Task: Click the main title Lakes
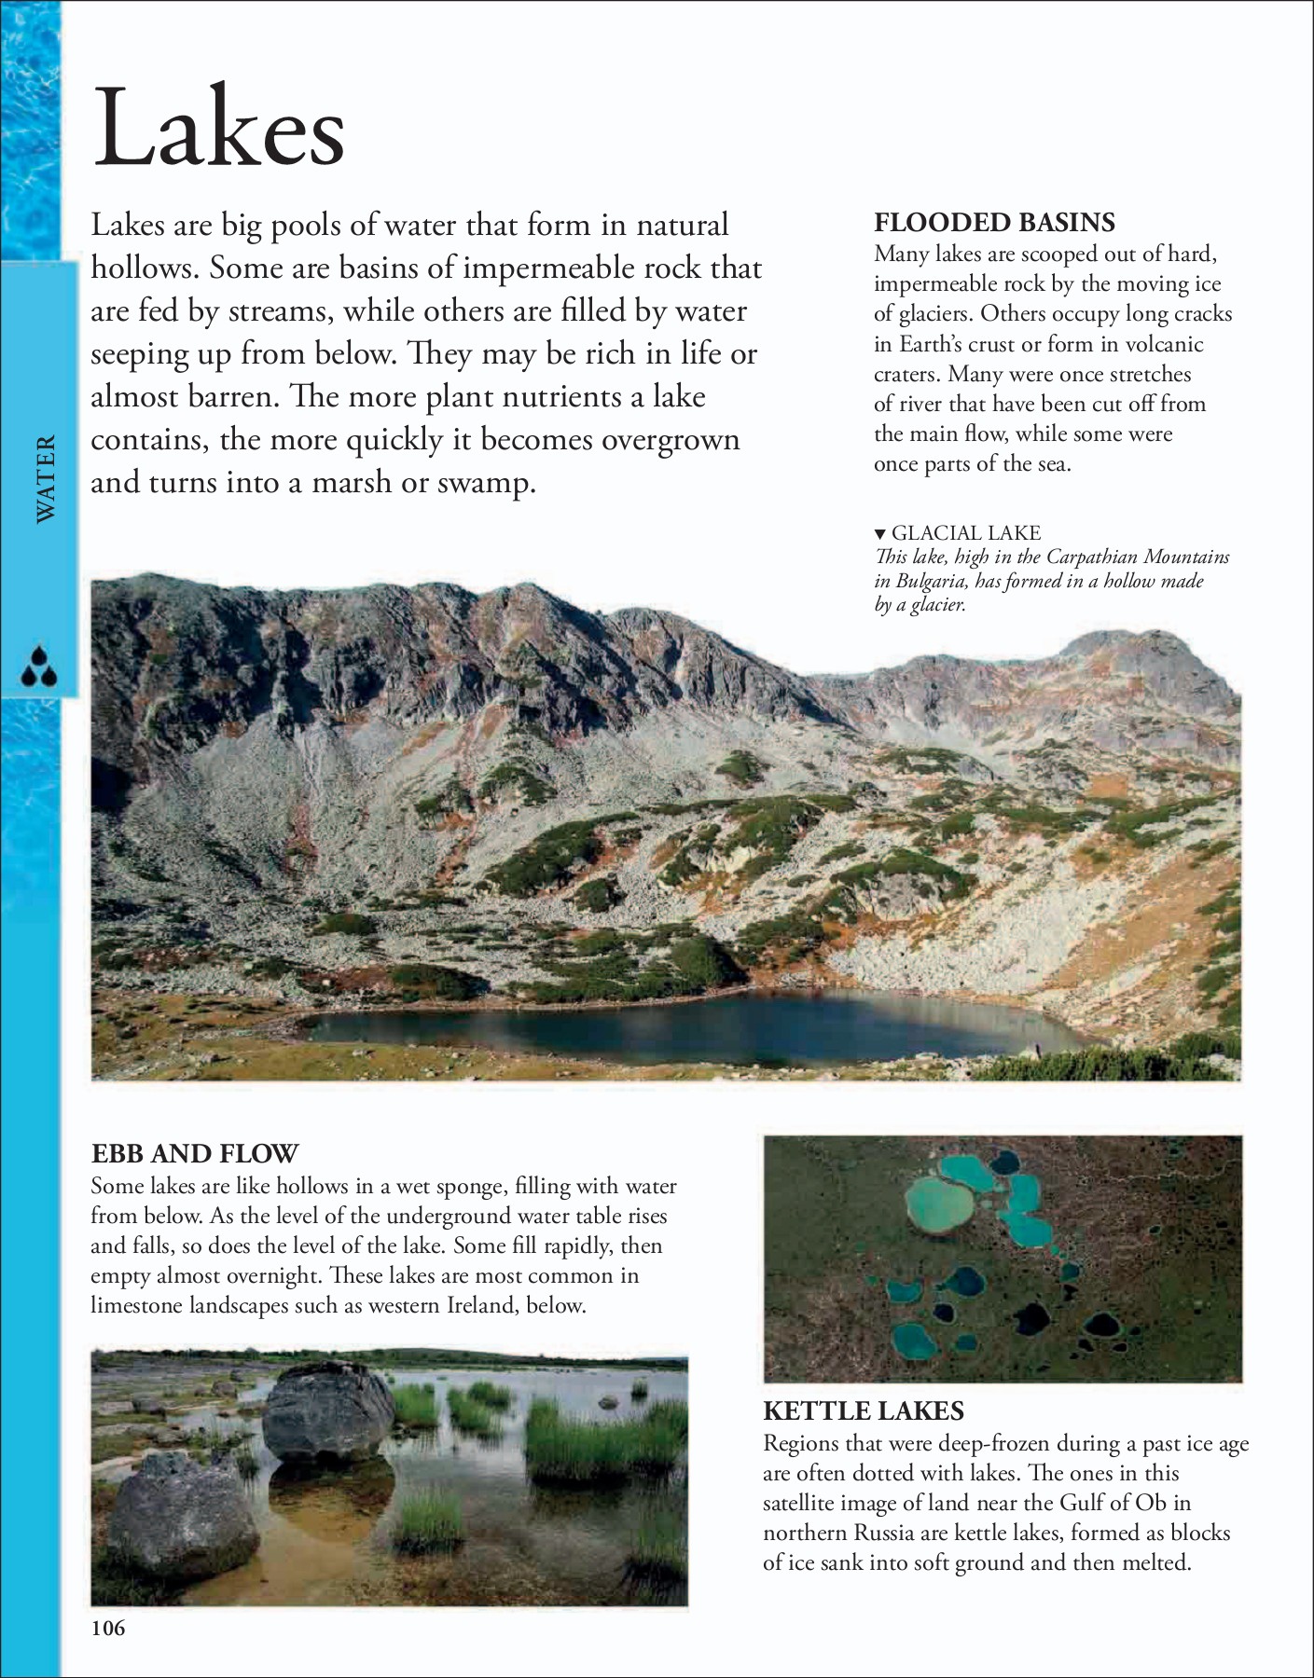[219, 128]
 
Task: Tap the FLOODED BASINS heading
[994, 223]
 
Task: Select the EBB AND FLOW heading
[195, 1154]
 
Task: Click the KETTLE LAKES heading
[864, 1411]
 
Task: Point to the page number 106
[108, 1629]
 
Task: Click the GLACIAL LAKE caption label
[965, 533]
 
